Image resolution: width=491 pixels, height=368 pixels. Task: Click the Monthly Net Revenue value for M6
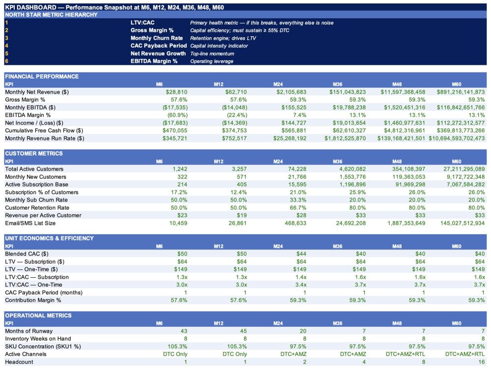click(177, 92)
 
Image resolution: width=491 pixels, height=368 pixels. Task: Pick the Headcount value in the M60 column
click(481, 362)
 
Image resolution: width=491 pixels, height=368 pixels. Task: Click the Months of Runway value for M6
click(184, 331)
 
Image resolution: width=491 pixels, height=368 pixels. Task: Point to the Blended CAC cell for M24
click(301, 254)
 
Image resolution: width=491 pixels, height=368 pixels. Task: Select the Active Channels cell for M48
click(406, 354)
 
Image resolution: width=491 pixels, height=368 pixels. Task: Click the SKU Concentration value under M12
click(237, 346)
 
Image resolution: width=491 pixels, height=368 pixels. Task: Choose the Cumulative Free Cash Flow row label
click(44, 131)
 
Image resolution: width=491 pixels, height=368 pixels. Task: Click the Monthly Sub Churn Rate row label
click(36, 200)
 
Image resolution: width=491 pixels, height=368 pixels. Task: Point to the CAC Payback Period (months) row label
click(44, 292)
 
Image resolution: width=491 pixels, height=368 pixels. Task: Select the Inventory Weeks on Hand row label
click(38, 339)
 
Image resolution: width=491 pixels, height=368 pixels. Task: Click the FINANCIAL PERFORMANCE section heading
click(42, 77)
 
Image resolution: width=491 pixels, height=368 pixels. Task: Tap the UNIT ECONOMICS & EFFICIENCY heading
click(50, 238)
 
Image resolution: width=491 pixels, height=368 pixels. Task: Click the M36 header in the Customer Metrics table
click(338, 161)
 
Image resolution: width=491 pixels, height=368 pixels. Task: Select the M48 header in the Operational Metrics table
click(397, 323)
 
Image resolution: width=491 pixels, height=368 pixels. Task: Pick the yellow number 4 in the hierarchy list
click(6, 46)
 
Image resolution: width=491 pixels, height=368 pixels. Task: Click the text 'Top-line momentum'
click(212, 53)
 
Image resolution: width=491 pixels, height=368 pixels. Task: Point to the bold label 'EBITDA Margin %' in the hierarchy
click(154, 61)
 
